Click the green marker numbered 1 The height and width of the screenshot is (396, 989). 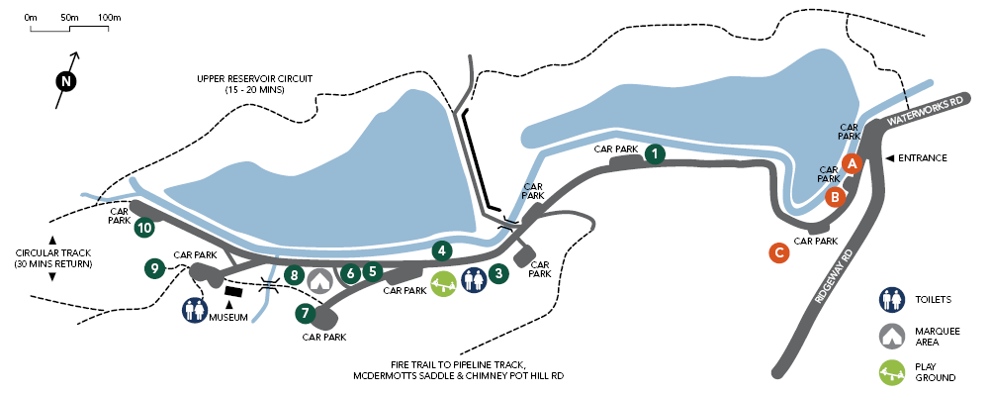point(654,153)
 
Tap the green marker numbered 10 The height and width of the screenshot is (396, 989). point(145,228)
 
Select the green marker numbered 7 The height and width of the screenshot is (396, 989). point(305,314)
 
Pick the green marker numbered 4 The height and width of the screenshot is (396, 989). point(442,250)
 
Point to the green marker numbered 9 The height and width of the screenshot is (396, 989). point(153,267)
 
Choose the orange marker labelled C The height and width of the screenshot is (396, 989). point(779,253)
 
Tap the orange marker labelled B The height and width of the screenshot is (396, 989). point(836,196)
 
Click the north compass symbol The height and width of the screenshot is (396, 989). point(65,80)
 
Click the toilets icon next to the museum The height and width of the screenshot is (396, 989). point(194,310)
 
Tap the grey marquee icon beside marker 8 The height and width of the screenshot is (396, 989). point(318,280)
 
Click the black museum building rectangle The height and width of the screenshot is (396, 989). point(234,292)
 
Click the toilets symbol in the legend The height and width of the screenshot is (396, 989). point(893,299)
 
